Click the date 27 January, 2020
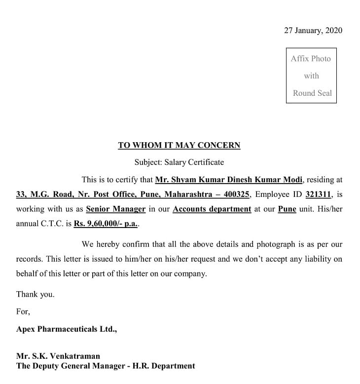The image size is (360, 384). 313,30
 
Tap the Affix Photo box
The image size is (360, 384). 311,76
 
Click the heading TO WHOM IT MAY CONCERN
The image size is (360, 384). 179,145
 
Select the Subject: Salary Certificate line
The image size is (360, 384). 179,162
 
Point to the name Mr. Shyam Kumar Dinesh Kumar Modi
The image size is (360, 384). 229,180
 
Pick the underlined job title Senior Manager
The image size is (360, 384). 116,209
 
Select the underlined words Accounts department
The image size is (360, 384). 212,209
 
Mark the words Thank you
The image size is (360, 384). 36,294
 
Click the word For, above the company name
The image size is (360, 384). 23,311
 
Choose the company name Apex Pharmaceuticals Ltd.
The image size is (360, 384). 67,329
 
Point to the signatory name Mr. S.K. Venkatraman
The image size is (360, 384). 58,356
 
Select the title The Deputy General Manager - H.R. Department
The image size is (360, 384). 106,366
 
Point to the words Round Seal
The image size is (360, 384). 312,93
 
